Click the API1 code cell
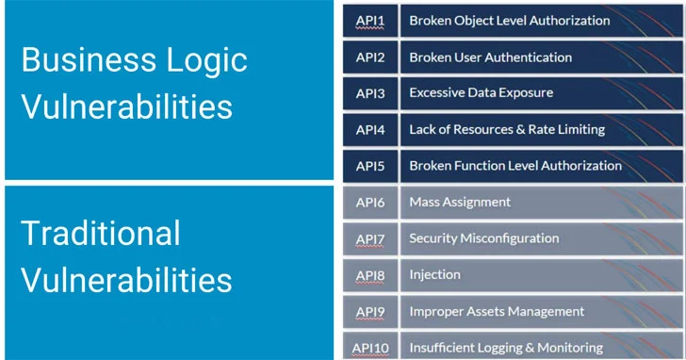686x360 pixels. [370, 21]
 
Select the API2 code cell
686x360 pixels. [370, 57]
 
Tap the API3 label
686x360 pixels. [370, 93]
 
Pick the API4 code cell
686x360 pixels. [370, 129]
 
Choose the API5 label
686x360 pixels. [370, 166]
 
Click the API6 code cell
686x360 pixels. [370, 202]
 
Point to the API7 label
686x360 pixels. [370, 238]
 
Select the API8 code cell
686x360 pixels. [370, 274]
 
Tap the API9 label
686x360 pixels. [370, 311]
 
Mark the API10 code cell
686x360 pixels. [370, 347]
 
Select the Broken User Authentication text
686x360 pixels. [490, 57]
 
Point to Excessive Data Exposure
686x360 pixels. [481, 93]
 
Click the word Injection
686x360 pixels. [434, 274]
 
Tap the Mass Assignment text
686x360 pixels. [460, 202]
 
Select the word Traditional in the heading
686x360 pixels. [100, 233]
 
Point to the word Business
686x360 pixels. [80, 60]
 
